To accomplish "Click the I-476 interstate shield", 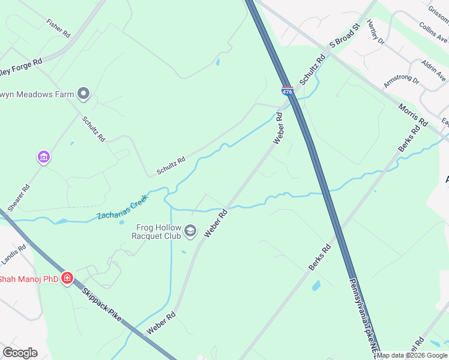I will pos(287,91).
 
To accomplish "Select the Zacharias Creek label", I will pos(122,209).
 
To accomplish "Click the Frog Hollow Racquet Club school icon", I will pos(190,231).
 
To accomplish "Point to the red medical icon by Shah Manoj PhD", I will pos(67,278).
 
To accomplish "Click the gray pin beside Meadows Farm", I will pos(83,94).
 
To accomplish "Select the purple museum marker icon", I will pos(43,157).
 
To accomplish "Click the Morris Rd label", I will pos(413,114).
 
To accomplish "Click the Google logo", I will pos(20,353).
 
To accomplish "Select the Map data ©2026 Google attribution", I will pos(412,355).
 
